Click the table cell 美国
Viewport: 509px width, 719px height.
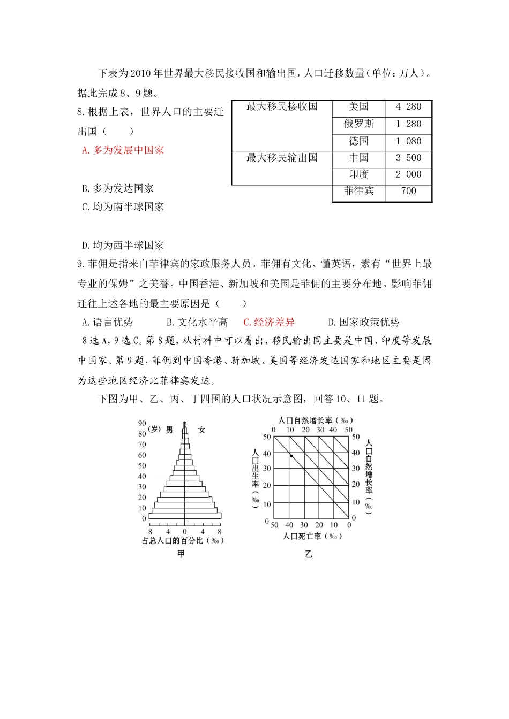[x=358, y=106]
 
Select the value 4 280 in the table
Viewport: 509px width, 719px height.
[x=408, y=106]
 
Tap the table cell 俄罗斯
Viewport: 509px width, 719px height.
[x=358, y=124]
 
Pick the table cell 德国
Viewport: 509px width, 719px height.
[x=358, y=141]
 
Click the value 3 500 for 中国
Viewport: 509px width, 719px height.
[x=408, y=158]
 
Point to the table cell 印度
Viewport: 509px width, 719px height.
[x=358, y=174]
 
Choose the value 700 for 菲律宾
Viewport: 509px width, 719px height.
[x=408, y=191]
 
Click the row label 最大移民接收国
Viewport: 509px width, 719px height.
[x=282, y=106]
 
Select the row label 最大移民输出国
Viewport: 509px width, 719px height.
[x=282, y=158]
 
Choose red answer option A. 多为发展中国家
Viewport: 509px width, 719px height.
[x=123, y=150]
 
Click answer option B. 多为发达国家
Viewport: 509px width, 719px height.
[x=118, y=188]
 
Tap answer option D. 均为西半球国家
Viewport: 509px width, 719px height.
[x=123, y=246]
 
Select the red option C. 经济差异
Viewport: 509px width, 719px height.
[x=269, y=322]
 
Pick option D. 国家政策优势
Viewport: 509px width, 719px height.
[x=364, y=322]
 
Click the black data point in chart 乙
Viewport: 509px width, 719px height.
[x=291, y=456]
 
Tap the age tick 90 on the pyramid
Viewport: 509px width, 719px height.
[x=142, y=423]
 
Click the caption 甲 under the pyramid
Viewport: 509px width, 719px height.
[x=181, y=554]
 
